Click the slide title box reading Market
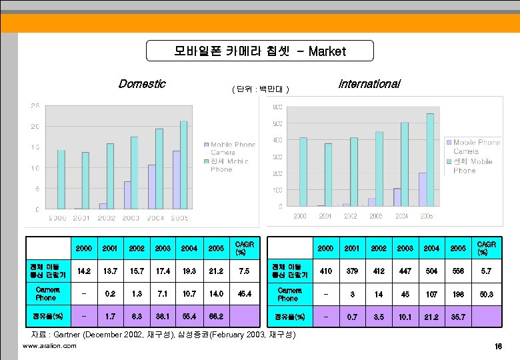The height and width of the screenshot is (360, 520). [x=259, y=51]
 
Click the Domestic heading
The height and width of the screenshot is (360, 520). [x=141, y=84]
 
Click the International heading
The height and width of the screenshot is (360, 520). [x=369, y=84]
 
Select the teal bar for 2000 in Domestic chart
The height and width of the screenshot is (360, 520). [x=61, y=179]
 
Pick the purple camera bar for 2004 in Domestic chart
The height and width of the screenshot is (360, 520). [x=152, y=187]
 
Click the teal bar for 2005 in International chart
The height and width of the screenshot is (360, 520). [x=430, y=160]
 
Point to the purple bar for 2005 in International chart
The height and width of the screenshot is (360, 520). [x=423, y=190]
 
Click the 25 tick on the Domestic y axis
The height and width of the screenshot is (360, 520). [x=34, y=105]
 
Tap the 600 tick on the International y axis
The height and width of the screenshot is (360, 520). [x=277, y=107]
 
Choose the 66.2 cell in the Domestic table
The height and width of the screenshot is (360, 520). [x=216, y=315]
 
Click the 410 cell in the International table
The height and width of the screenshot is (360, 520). [x=325, y=272]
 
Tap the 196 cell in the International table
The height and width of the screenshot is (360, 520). [x=458, y=293]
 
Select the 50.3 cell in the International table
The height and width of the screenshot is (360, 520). [x=485, y=293]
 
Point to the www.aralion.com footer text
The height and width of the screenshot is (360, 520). [x=49, y=346]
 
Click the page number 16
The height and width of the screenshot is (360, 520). [x=498, y=347]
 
